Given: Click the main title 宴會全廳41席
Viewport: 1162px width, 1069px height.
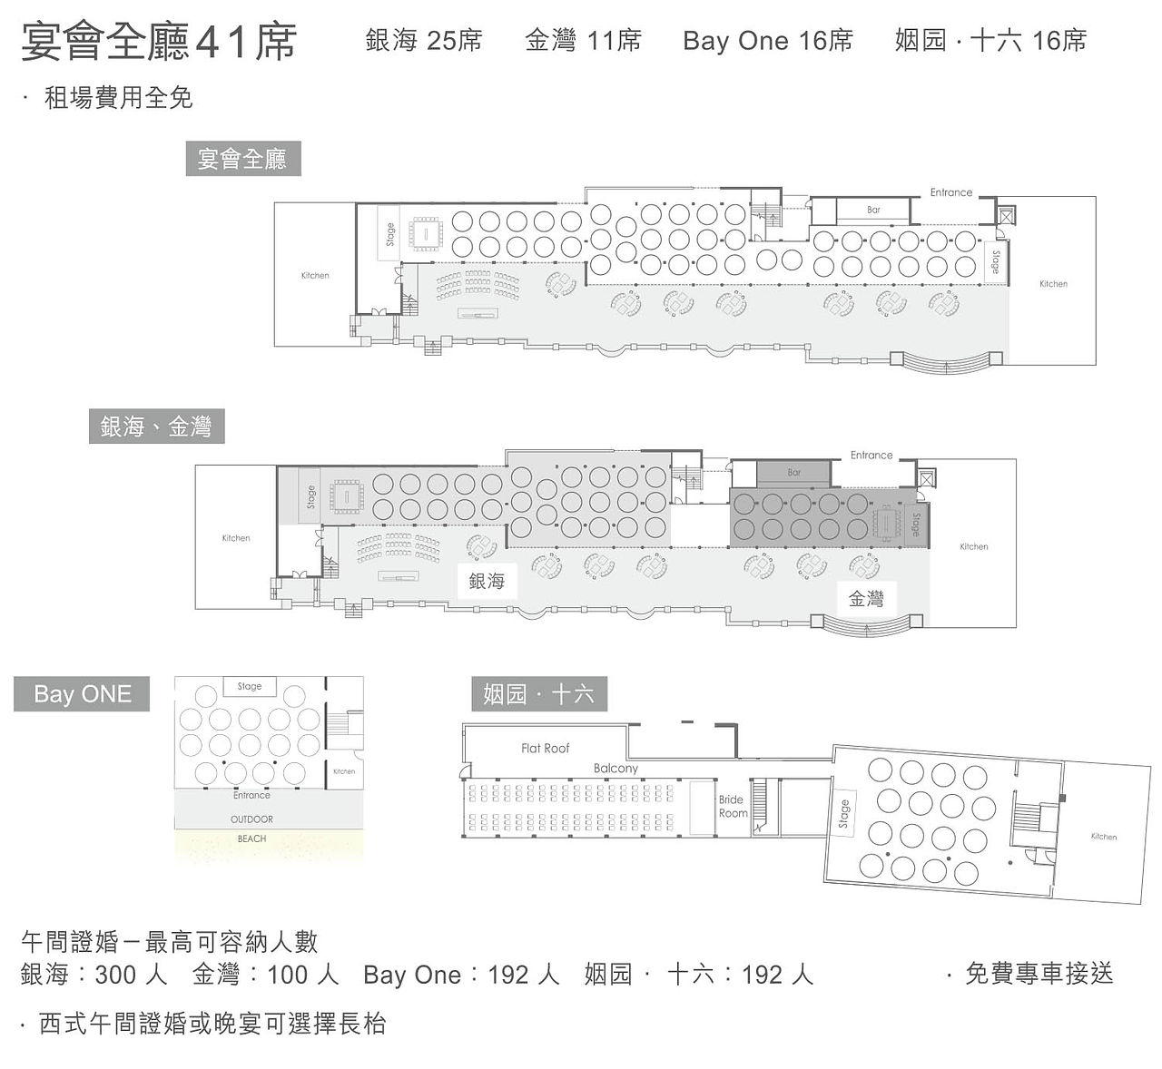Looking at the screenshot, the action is pos(159,42).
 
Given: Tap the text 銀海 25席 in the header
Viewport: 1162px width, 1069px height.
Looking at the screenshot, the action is pos(424,41).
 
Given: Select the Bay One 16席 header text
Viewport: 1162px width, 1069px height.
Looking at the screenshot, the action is pos(767,41).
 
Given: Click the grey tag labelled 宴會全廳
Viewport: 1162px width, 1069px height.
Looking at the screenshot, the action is pos(243,159).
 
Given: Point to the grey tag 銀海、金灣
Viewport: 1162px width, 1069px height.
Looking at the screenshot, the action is pos(156,427).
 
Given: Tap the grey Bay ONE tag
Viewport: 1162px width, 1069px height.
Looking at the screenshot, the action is pos(82,693).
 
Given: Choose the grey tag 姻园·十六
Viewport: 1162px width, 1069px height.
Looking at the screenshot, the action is pos(539,693).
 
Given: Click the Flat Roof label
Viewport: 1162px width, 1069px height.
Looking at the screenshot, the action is pos(545,748).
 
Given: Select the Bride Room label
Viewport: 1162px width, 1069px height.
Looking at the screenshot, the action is pos(733,806).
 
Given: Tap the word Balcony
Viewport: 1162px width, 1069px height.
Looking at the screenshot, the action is pos(615,769).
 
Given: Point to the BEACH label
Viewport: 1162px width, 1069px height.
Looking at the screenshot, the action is pos(252,839).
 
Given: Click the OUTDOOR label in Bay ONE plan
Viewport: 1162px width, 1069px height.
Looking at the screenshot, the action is pos(252,819).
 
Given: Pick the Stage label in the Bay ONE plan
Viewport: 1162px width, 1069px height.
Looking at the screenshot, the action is pos(250,686).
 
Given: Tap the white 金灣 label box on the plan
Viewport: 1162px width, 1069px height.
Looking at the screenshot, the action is pos(866,598).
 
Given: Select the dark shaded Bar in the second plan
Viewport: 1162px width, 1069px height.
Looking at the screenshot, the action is pos(794,473).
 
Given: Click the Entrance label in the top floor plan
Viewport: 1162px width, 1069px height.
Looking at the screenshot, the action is pos(951,192).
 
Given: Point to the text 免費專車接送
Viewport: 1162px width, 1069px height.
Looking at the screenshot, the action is pos(1039,974).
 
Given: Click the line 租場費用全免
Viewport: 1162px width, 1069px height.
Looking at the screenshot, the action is pos(118,97).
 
